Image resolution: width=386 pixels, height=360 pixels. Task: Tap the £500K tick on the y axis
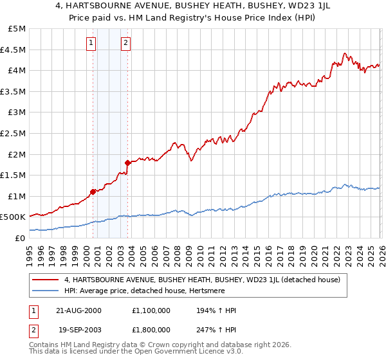[13, 217]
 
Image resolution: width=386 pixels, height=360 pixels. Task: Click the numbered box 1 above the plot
[91, 43]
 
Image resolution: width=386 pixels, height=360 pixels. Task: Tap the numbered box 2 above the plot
[125, 43]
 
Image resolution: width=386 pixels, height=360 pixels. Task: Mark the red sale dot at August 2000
[93, 191]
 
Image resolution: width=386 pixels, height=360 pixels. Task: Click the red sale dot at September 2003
[127, 162]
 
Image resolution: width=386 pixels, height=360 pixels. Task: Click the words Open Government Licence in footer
[181, 352]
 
